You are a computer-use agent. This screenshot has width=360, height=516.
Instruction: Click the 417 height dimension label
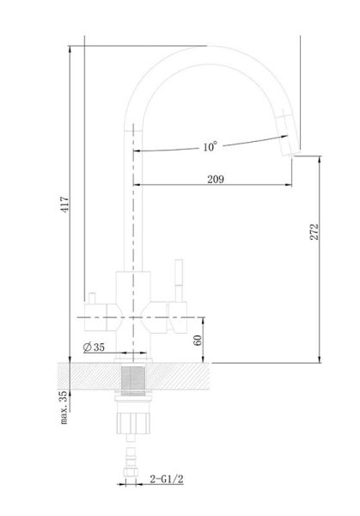tap(64, 204)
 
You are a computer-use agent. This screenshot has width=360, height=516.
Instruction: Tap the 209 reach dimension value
tap(216, 179)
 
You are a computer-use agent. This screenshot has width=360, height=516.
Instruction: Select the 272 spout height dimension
tap(314, 231)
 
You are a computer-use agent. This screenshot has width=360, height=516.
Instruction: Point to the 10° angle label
tap(210, 146)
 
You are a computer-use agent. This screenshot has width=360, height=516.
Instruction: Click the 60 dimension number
tap(198, 341)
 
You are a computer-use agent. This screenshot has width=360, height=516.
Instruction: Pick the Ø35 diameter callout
tap(94, 347)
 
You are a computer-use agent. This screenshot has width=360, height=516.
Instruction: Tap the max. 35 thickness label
tap(64, 407)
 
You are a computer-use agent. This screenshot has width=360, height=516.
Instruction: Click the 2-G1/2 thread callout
tap(167, 479)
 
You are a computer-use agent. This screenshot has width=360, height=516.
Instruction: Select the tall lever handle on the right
tap(179, 280)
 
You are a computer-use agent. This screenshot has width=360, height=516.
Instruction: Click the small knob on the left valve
tap(91, 298)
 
